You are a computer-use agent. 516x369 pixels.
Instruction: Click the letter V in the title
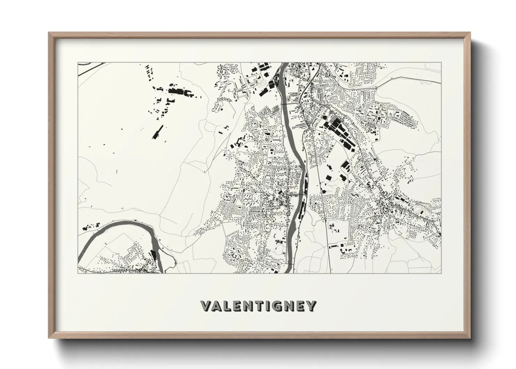[206, 306]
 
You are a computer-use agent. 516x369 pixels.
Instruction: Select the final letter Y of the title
[311, 306]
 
